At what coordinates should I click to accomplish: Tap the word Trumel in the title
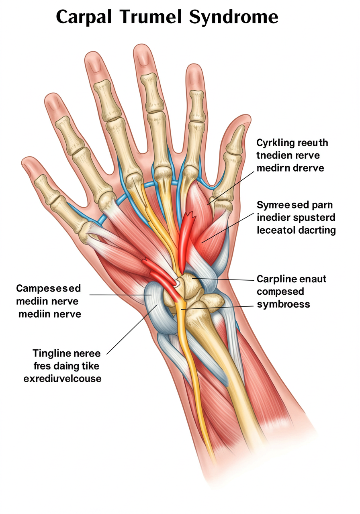click(x=151, y=17)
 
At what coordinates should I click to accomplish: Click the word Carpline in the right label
click(x=276, y=279)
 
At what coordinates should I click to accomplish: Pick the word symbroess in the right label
click(x=283, y=304)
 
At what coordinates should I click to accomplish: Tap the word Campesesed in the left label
click(x=48, y=288)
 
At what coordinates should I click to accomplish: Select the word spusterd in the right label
click(x=315, y=218)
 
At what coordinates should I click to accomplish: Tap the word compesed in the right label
click(x=280, y=291)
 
